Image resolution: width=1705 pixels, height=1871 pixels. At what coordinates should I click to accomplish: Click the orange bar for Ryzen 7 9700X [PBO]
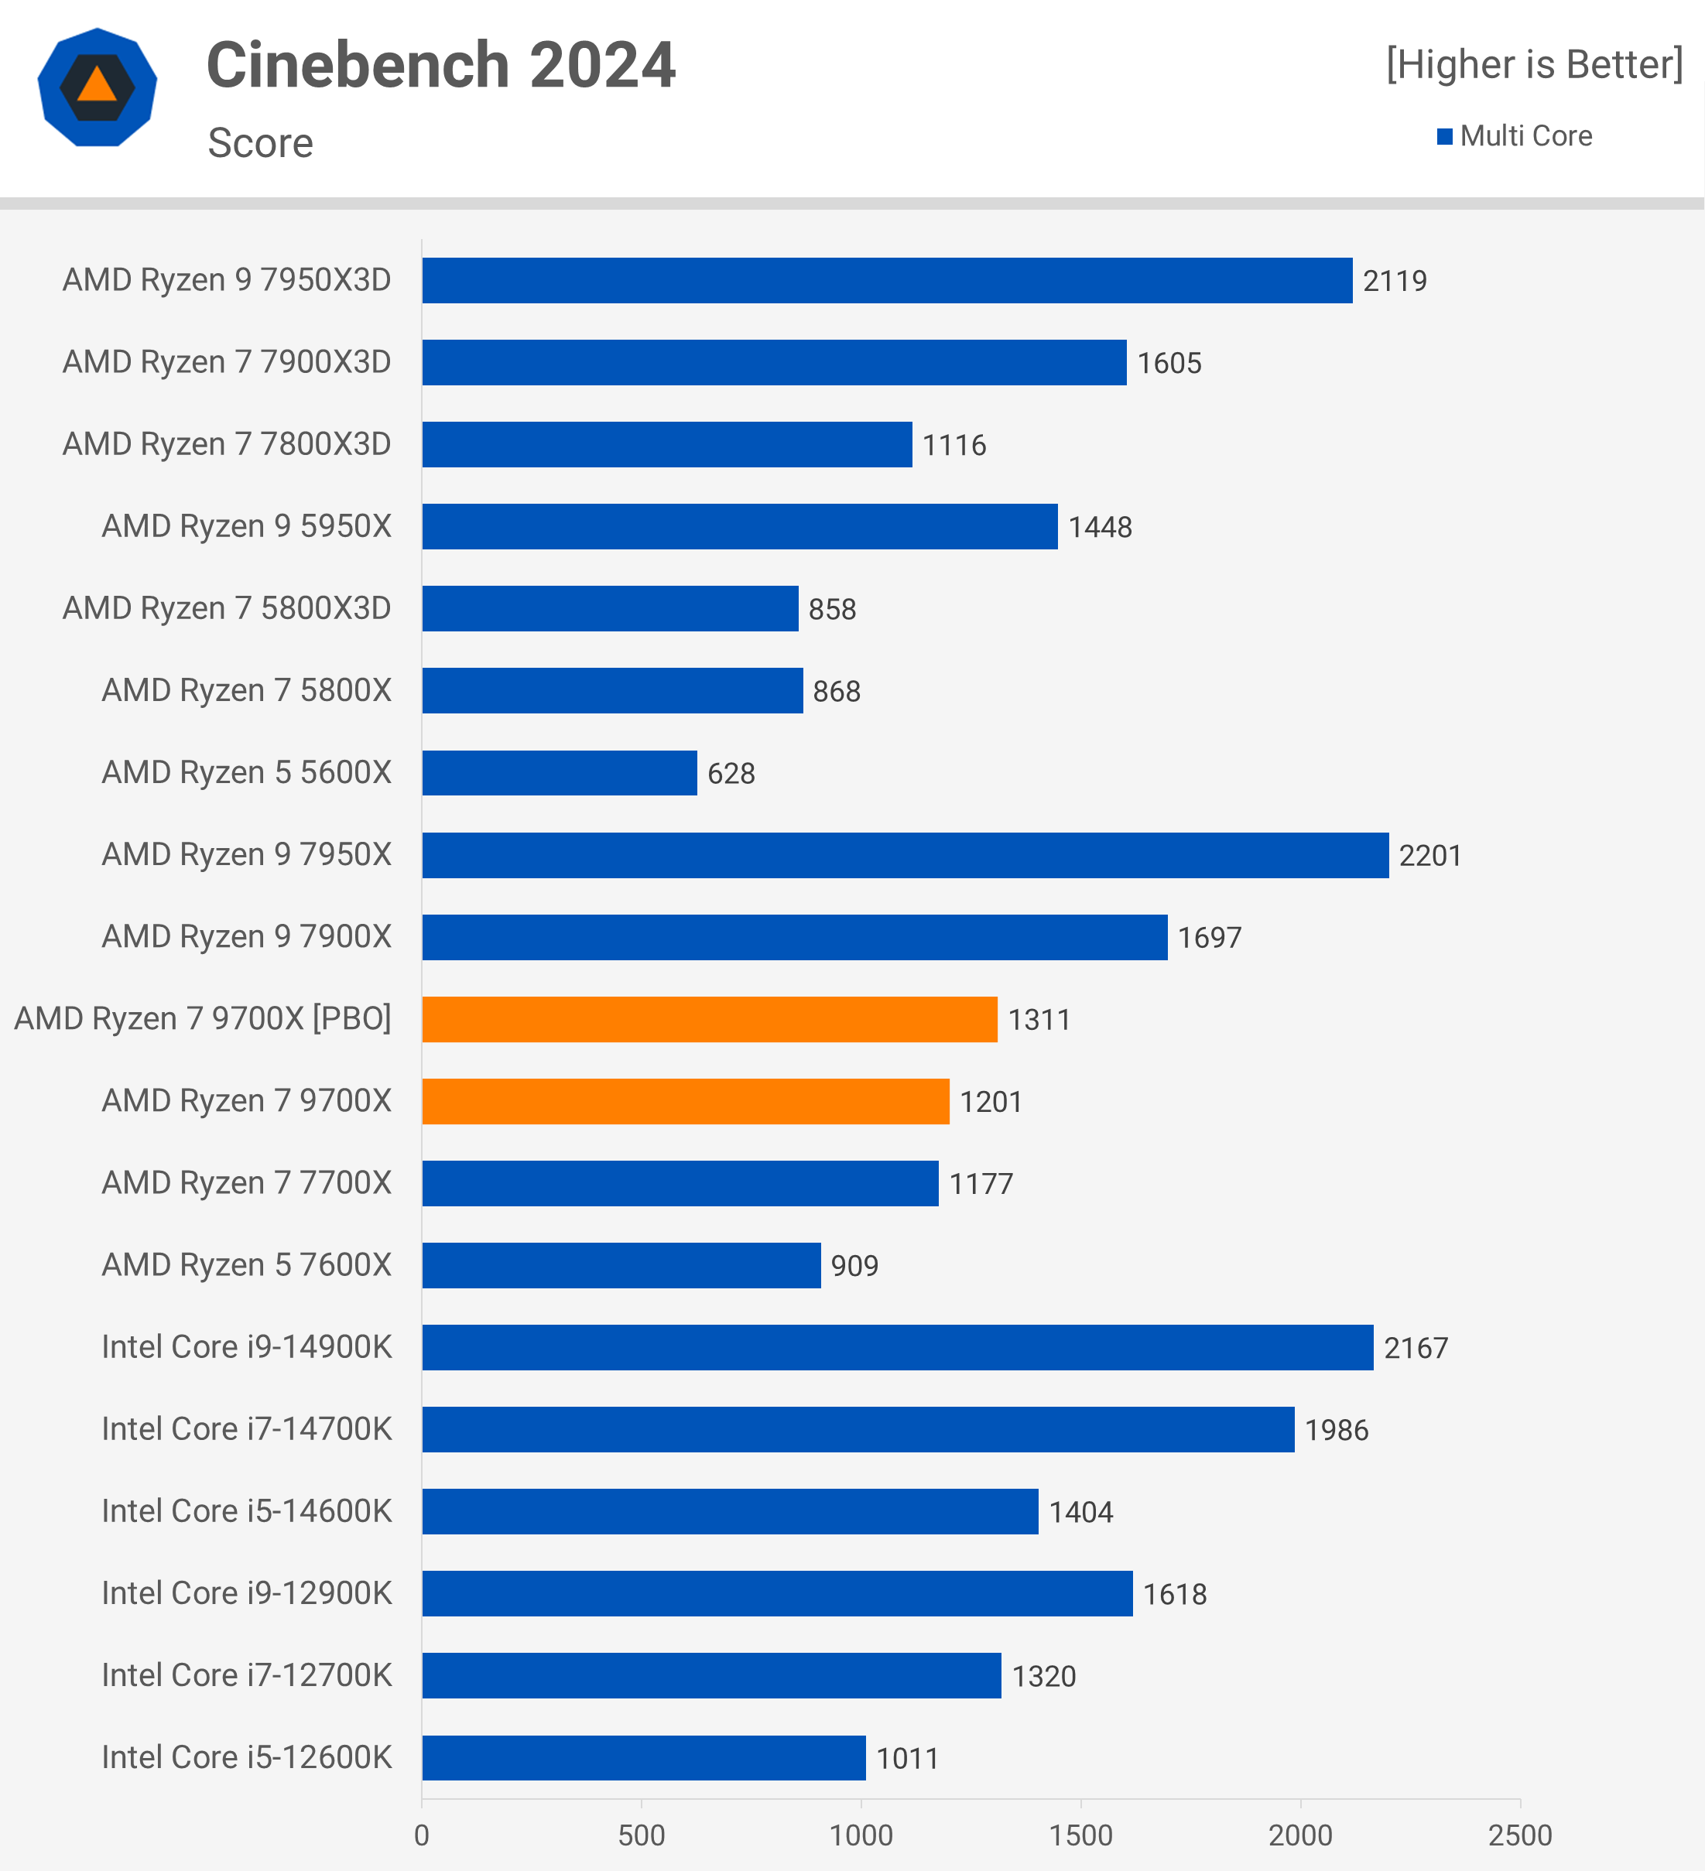pyautogui.click(x=709, y=1019)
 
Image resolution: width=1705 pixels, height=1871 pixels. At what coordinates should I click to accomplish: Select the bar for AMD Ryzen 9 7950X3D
pyautogui.click(x=886, y=280)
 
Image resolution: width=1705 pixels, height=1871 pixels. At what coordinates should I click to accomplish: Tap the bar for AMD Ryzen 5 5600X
pyautogui.click(x=559, y=773)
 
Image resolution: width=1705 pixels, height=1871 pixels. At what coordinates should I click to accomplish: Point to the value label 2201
pyautogui.click(x=1429, y=856)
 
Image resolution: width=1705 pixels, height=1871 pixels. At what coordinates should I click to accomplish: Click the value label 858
pyautogui.click(x=832, y=610)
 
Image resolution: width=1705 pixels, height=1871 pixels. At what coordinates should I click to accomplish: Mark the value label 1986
pyautogui.click(x=1336, y=1430)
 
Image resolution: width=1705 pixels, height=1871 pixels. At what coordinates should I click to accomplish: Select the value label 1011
pyautogui.click(x=907, y=1759)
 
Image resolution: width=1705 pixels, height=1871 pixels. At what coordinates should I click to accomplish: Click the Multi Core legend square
pyautogui.click(x=1444, y=136)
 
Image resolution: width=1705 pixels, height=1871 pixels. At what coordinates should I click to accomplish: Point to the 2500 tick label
pyautogui.click(x=1519, y=1835)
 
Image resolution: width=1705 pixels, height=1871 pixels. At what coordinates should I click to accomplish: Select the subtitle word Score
pyautogui.click(x=260, y=143)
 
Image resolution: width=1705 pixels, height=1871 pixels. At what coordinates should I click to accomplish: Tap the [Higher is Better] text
pyautogui.click(x=1533, y=64)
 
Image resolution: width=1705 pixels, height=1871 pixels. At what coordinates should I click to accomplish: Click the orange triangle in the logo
pyautogui.click(x=97, y=87)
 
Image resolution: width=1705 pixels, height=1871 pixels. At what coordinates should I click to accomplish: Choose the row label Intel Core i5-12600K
pyautogui.click(x=246, y=1758)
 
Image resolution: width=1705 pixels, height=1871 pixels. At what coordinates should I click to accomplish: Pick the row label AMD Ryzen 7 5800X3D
pyautogui.click(x=227, y=608)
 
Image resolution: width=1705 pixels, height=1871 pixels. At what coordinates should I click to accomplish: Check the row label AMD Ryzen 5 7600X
pyautogui.click(x=246, y=1265)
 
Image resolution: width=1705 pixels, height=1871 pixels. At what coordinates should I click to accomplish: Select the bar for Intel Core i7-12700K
pyautogui.click(x=711, y=1675)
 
